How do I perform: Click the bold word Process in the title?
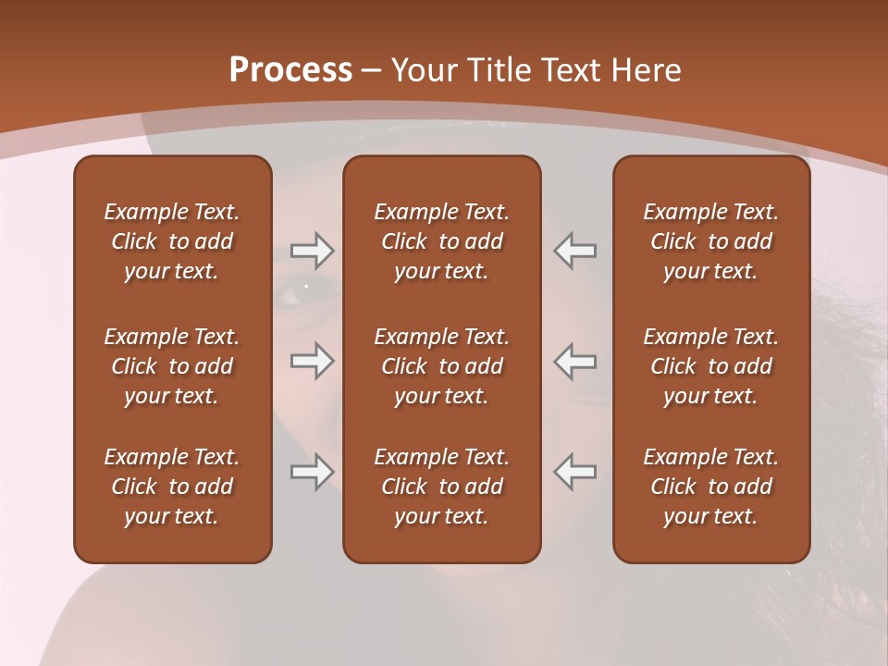pos(290,69)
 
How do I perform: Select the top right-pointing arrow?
pos(313,250)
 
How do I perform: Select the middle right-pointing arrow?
pos(313,361)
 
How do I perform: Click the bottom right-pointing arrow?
pos(313,472)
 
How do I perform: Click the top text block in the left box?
pos(172,241)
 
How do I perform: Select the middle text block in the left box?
pos(172,366)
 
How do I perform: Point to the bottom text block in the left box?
pos(172,487)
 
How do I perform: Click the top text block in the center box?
pos(442,241)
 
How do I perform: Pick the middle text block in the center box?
pos(442,366)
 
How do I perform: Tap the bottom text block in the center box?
pos(442,487)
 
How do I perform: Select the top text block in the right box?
pos(711,241)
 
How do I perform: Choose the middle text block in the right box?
pos(711,366)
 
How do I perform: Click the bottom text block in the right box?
pos(711,487)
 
